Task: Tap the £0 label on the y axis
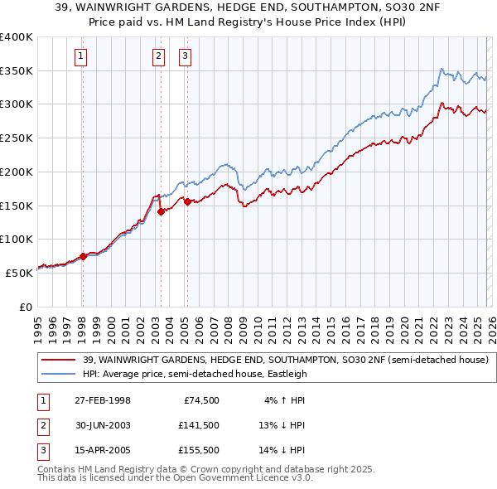25,307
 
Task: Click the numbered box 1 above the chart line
81,56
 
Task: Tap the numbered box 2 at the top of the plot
158,56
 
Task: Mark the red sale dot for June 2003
162,211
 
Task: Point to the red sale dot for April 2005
188,201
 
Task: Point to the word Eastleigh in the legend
286,374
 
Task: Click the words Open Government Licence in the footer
241,477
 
